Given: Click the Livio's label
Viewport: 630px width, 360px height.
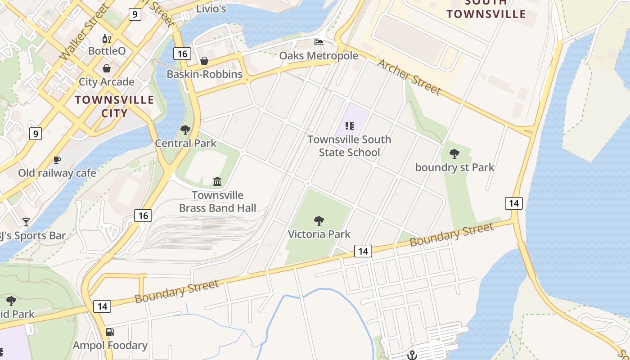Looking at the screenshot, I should pos(211,8).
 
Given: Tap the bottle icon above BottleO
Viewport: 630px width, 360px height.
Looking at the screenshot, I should pos(107,38).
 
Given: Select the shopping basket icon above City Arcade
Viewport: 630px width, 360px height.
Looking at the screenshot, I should pos(107,68).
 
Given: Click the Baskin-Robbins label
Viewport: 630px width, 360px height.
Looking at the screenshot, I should pos(204,74).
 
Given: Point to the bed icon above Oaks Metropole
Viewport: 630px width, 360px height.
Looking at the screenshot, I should pos(319,42).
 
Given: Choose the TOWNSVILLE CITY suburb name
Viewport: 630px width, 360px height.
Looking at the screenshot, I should pos(114,106).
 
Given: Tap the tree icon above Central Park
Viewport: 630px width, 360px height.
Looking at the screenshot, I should pos(185,130).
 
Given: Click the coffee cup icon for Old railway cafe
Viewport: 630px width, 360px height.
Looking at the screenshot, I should pos(57,160).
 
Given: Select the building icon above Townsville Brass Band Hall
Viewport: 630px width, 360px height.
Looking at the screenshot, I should pos(217,182).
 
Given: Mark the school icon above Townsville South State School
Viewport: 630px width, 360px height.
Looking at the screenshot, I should pos(349,126).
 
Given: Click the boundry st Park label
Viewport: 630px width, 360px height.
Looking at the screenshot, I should pos(454,167).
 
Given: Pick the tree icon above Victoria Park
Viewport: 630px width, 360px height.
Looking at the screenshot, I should pos(319,221).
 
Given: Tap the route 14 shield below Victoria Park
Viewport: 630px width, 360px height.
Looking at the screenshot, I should pos(363,251).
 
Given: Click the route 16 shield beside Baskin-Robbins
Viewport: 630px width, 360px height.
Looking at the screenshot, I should pos(182,54).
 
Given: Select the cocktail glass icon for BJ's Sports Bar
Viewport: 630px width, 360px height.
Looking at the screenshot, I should pos(26,222).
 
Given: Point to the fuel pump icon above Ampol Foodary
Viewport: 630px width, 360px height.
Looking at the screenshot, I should pos(110,332).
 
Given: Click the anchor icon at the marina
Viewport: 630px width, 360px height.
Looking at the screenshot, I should pos(412,355).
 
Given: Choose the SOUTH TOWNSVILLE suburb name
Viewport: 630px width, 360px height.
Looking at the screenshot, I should pos(486,9).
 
